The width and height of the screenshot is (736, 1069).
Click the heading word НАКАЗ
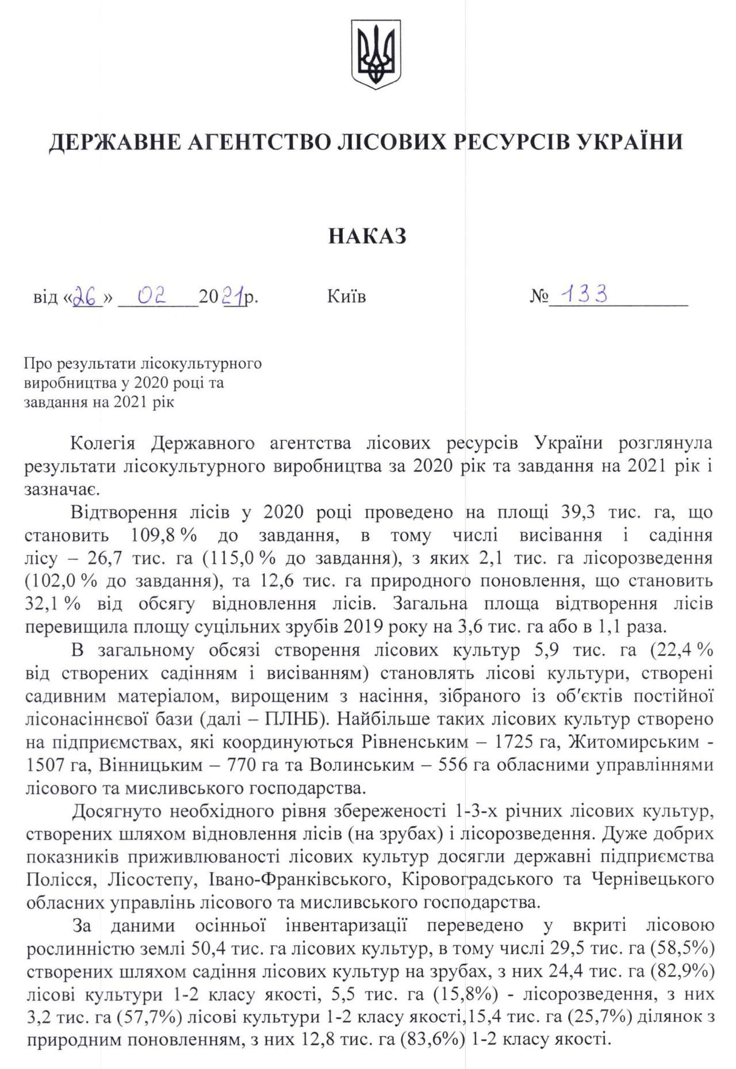(367, 236)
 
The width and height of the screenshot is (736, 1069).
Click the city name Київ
(346, 297)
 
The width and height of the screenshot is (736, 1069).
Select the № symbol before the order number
(539, 297)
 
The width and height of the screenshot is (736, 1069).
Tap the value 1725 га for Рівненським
(527, 743)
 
